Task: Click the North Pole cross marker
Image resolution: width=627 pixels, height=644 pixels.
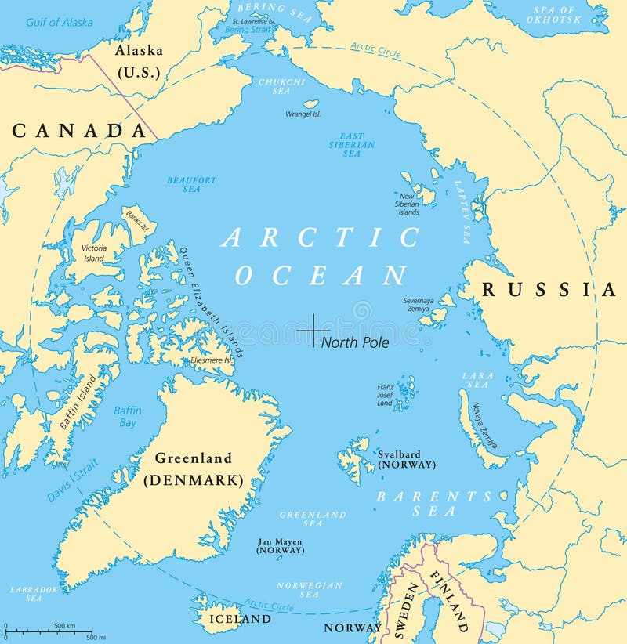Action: [x=313, y=331]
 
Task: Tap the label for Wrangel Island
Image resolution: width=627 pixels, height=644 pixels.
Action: [x=303, y=114]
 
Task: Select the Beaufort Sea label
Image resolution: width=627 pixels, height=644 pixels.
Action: [x=191, y=185]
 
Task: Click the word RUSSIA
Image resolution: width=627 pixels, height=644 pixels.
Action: [x=549, y=290]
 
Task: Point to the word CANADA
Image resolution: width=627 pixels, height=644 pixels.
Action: [x=79, y=131]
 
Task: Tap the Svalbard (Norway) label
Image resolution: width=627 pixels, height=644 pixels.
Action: [x=406, y=459]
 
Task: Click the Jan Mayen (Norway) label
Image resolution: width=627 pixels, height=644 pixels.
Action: [x=280, y=546]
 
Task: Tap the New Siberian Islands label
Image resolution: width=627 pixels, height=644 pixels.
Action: [x=408, y=204]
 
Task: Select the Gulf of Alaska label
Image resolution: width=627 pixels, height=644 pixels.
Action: [x=59, y=22]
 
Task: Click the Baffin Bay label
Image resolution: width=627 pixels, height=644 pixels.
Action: [x=126, y=416]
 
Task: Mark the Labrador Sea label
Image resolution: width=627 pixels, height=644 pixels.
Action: [x=33, y=593]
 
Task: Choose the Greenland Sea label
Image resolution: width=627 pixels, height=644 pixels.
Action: [x=312, y=519]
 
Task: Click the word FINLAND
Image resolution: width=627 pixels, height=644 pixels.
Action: [x=448, y=601]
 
